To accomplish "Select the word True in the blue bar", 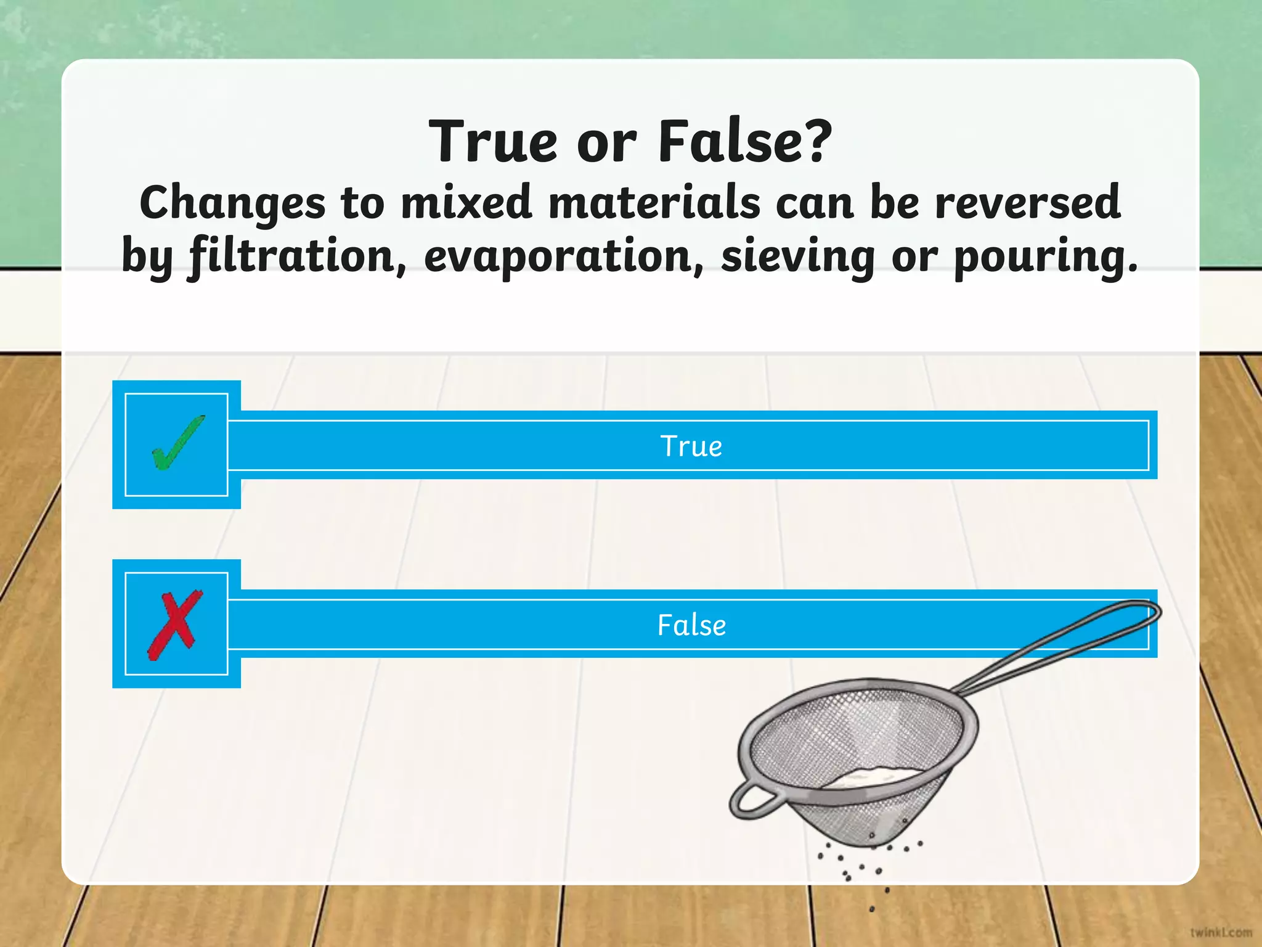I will point(691,446).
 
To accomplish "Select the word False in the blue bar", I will point(691,625).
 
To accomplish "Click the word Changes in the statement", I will point(232,203).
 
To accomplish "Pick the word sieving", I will point(798,256).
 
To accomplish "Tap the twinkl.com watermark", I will point(1221,932).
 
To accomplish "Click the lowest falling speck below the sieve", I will point(872,909).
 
